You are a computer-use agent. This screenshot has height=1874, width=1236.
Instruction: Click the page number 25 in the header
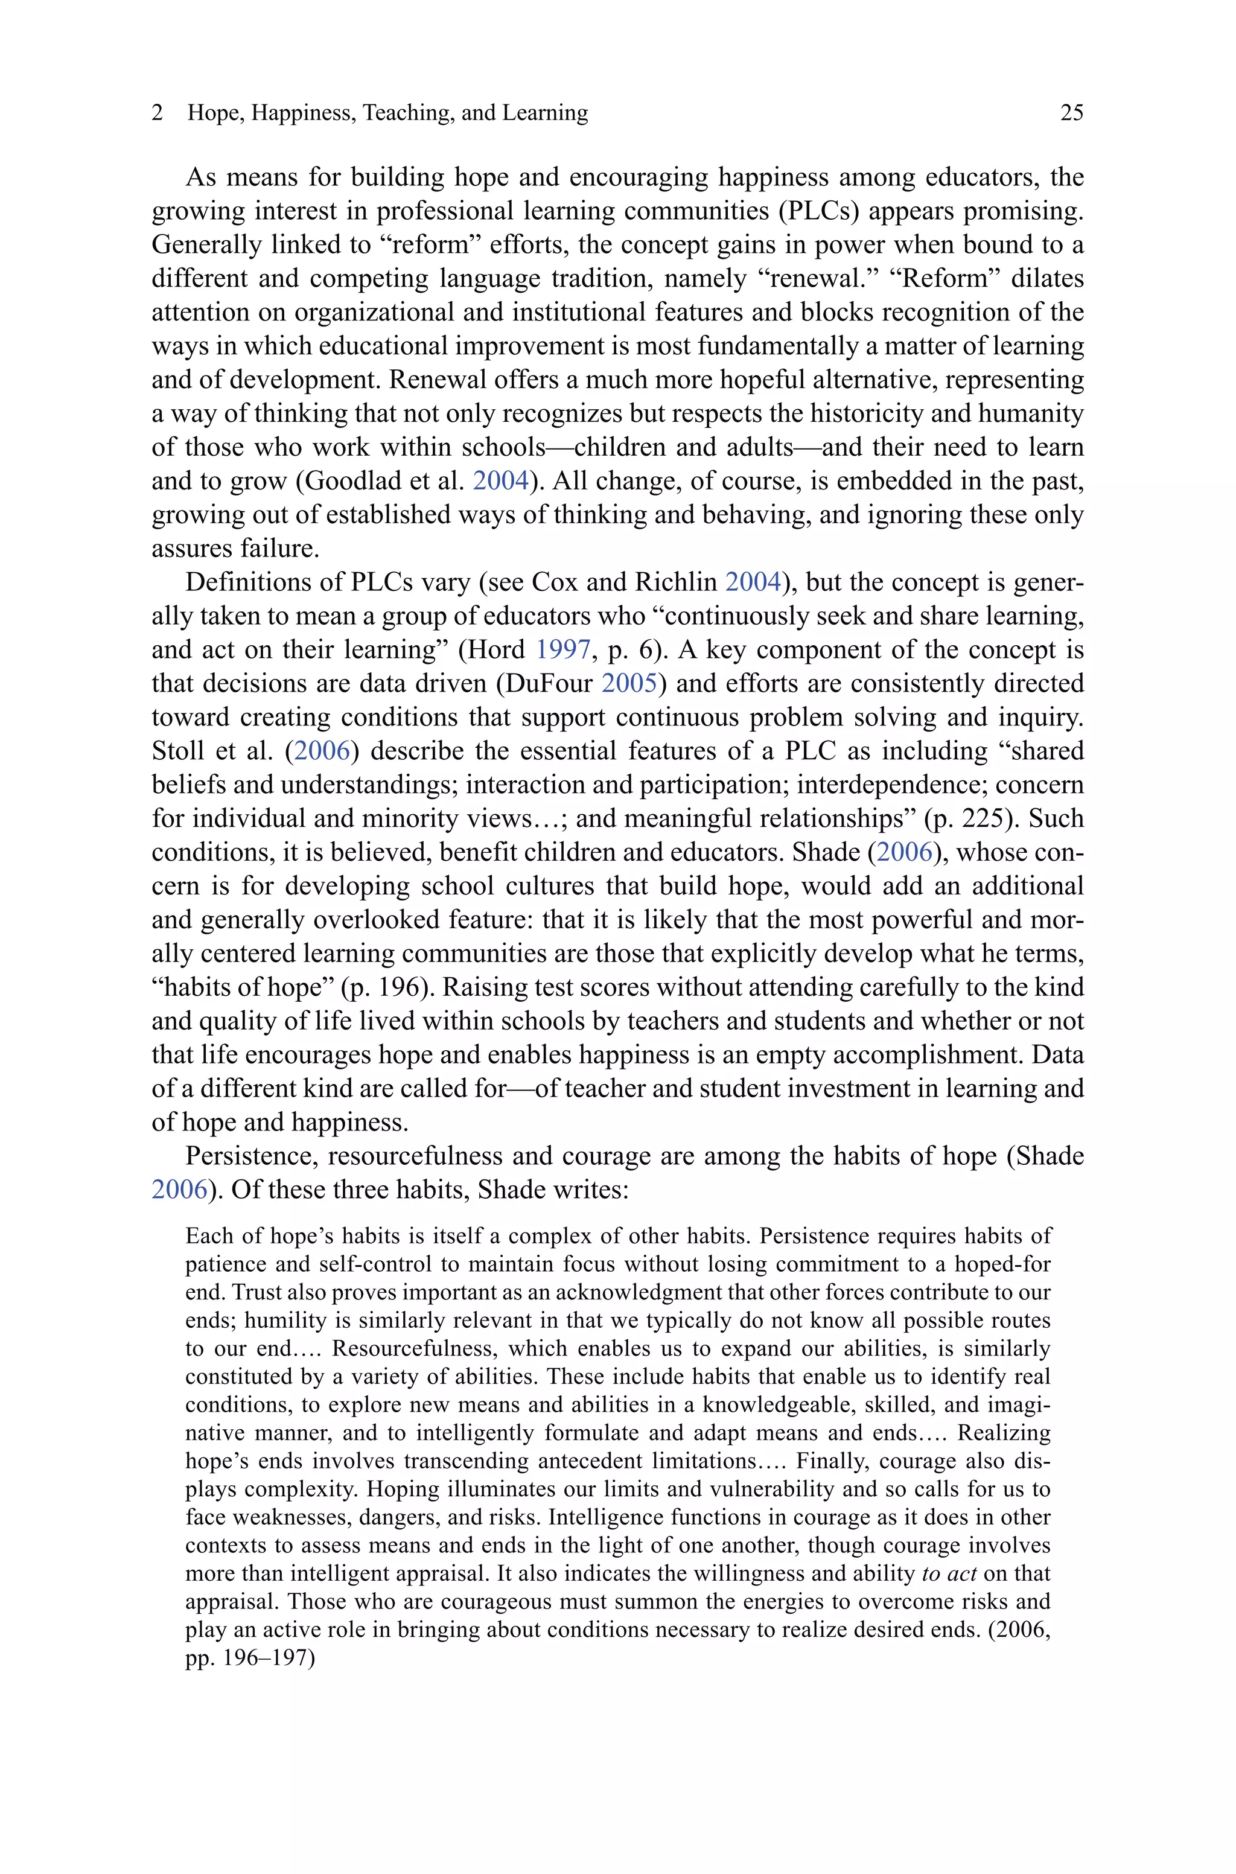[x=1071, y=113]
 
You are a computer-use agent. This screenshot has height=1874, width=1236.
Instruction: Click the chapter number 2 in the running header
[x=158, y=113]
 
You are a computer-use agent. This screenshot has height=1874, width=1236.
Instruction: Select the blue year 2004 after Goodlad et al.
[x=500, y=480]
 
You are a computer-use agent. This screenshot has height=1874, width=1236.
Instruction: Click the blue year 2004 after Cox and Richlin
[x=752, y=582]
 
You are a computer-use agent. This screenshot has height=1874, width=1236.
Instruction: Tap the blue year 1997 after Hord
[x=563, y=649]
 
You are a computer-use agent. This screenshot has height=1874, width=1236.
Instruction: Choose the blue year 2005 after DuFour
[x=629, y=683]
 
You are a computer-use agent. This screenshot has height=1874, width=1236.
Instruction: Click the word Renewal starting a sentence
[x=436, y=380]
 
